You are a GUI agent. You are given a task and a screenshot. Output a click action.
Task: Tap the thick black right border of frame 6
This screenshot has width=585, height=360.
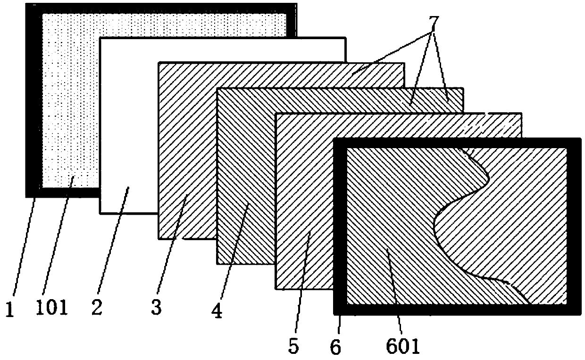[x=574, y=226]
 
